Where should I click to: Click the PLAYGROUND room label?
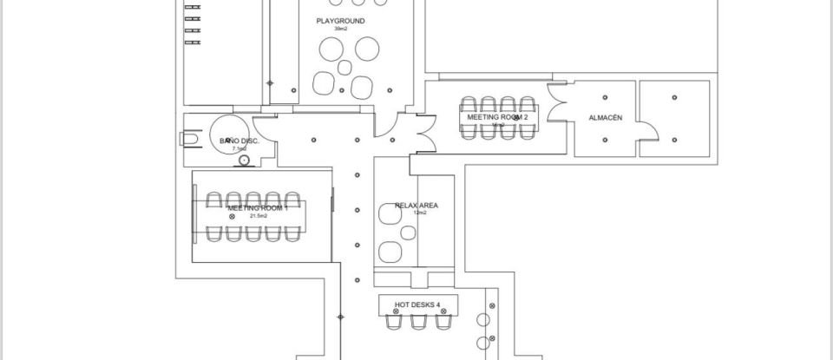pos(340,21)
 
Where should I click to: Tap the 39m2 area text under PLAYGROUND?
pos(340,29)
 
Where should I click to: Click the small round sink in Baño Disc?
pos(244,160)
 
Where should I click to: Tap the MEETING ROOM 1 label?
pos(257,208)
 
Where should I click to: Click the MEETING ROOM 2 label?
pos(497,116)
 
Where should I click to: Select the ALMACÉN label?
pos(605,117)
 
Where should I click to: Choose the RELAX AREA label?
pos(416,206)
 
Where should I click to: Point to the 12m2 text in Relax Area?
pos(419,213)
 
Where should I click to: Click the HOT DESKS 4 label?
pos(417,304)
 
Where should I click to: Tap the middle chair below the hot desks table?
pos(418,322)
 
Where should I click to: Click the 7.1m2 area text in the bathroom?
pos(238,149)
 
